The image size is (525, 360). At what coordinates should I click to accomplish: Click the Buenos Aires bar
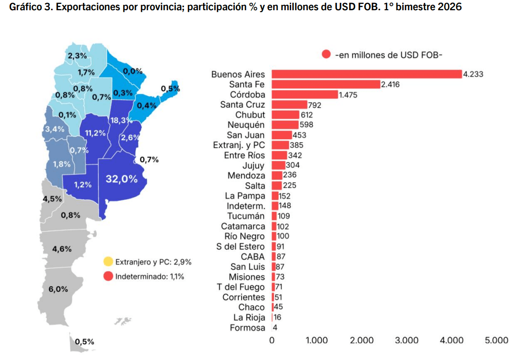(x=366, y=74)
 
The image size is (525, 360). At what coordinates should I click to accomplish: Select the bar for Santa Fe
(x=325, y=84)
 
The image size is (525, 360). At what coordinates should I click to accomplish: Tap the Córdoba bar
(x=304, y=95)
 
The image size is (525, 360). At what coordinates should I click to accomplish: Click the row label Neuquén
(x=246, y=125)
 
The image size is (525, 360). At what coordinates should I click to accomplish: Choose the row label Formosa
(x=247, y=328)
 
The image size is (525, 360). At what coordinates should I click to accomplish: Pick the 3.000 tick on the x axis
(x=407, y=341)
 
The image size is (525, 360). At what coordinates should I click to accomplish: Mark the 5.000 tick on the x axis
(x=496, y=341)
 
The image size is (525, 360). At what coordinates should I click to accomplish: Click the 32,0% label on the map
(x=121, y=179)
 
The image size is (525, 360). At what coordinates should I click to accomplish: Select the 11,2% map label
(x=95, y=133)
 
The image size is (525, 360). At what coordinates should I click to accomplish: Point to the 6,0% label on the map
(x=58, y=289)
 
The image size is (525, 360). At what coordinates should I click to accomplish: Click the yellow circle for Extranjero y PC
(x=108, y=262)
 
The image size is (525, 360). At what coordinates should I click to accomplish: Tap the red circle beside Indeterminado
(x=108, y=276)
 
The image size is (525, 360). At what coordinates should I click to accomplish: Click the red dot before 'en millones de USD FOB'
(x=326, y=54)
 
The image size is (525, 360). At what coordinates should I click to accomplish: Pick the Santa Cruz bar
(x=289, y=105)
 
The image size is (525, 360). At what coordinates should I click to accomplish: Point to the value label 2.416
(x=391, y=84)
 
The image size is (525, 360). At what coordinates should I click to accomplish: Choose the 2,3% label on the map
(x=77, y=56)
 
